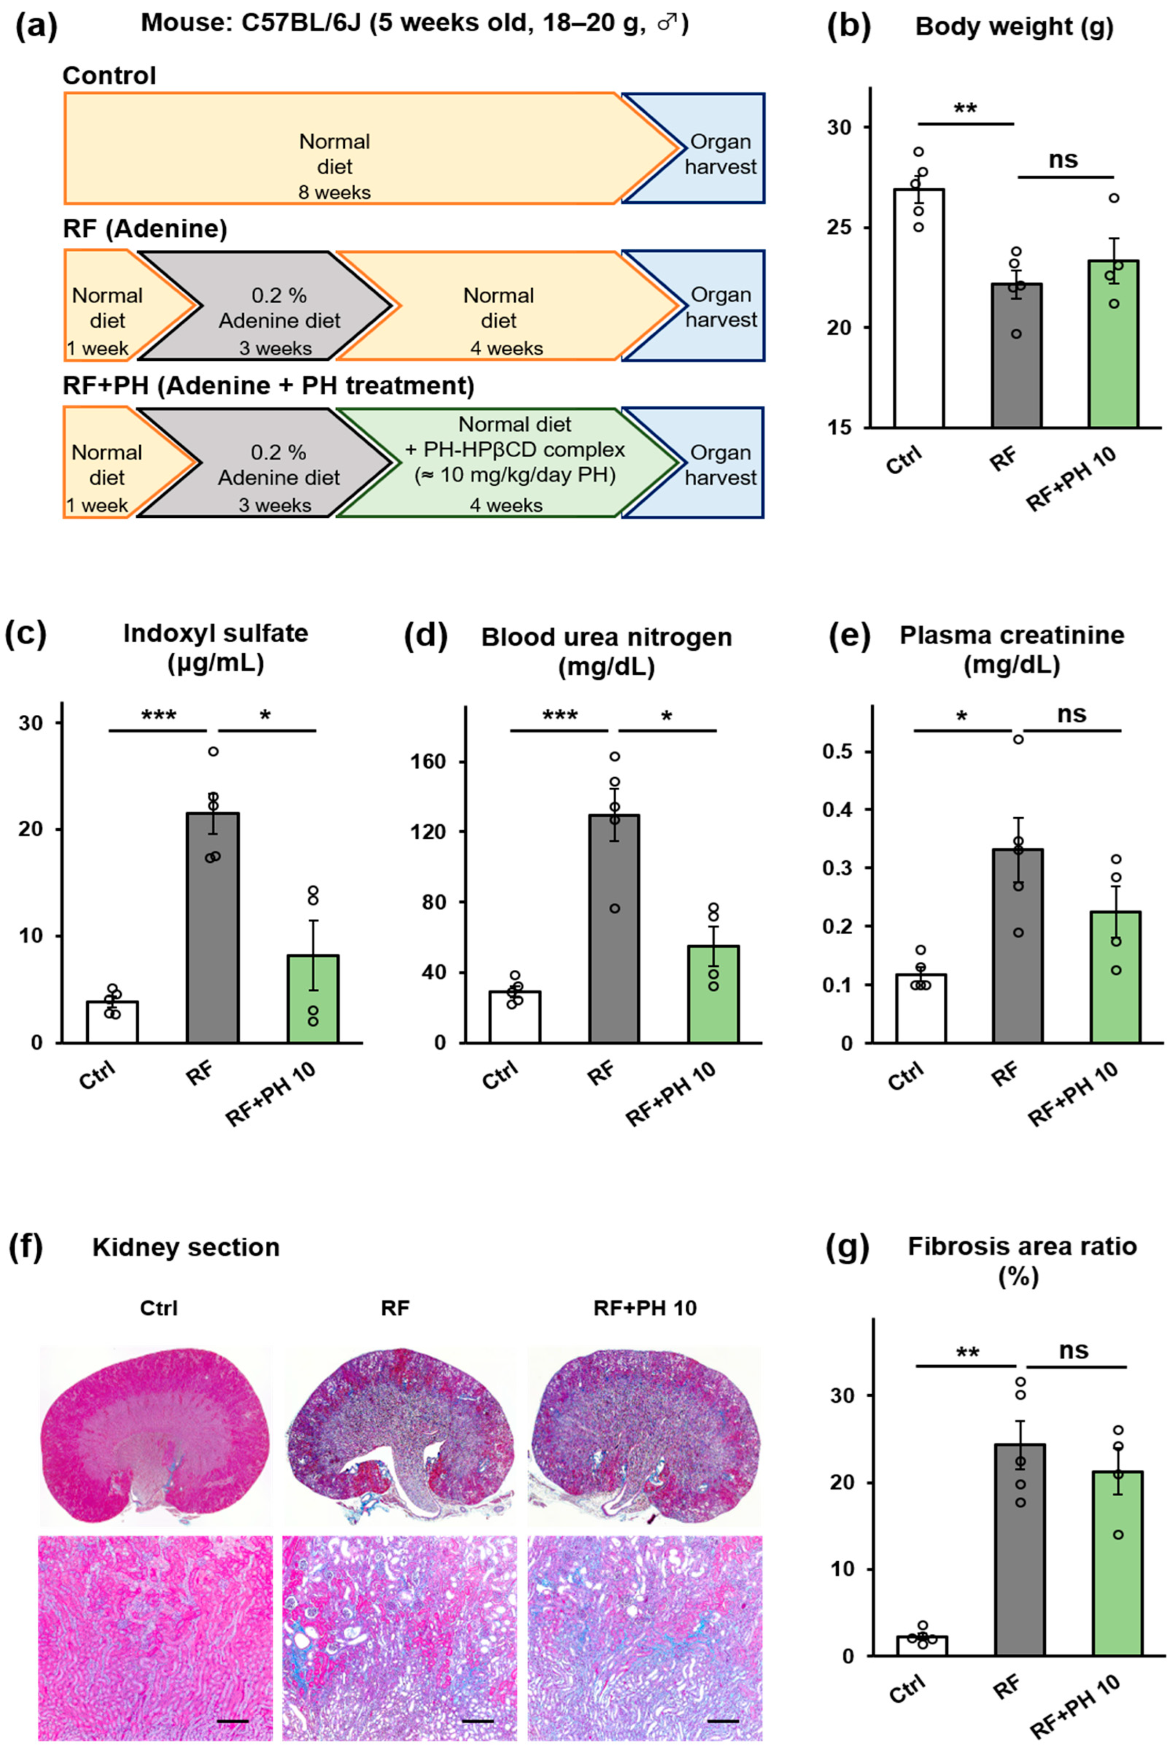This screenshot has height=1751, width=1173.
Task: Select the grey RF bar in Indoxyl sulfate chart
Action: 212,928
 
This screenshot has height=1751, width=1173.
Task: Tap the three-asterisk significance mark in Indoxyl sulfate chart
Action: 158,716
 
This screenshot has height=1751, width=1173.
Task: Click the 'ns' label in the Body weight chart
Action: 1063,159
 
